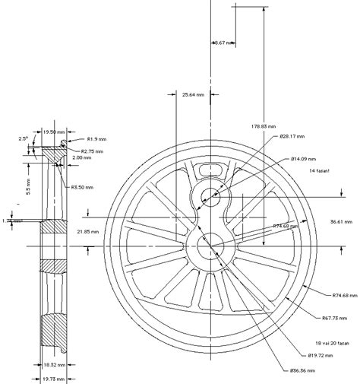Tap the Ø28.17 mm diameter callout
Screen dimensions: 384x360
(x=292, y=137)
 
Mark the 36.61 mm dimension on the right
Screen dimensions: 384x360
(x=339, y=221)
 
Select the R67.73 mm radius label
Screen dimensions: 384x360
(x=334, y=317)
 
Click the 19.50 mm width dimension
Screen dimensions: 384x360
(x=55, y=132)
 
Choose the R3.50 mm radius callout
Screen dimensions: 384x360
(x=82, y=187)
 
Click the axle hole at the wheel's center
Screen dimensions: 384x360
(x=210, y=245)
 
